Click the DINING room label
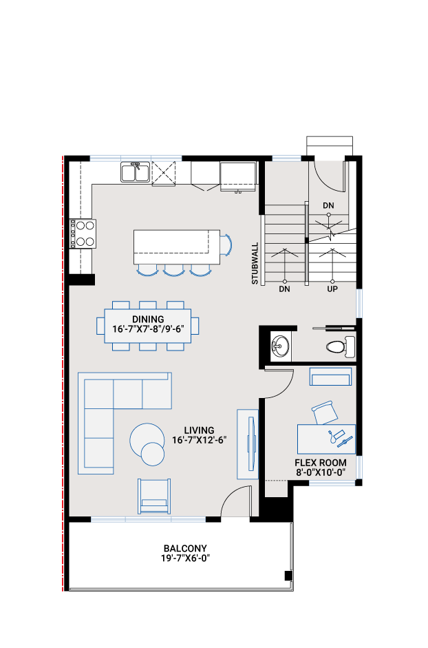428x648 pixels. point(148,320)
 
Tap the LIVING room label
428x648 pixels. point(199,430)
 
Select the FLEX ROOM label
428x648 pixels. point(321,463)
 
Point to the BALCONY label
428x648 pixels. point(185,548)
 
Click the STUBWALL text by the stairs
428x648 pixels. point(255,263)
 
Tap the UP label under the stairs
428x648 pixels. point(332,289)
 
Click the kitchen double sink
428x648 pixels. point(135,172)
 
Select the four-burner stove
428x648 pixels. point(83,233)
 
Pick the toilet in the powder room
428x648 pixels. point(341,346)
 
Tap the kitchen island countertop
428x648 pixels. point(177,247)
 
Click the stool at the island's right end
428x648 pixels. point(226,244)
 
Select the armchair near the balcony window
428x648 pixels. point(154,497)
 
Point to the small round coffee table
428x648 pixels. point(153,454)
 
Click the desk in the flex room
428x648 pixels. point(326,439)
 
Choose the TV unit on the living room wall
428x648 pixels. point(248,444)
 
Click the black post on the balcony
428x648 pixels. point(288,576)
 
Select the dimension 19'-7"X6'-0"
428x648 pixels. point(186,558)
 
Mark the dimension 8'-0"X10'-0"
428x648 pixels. point(321,472)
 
